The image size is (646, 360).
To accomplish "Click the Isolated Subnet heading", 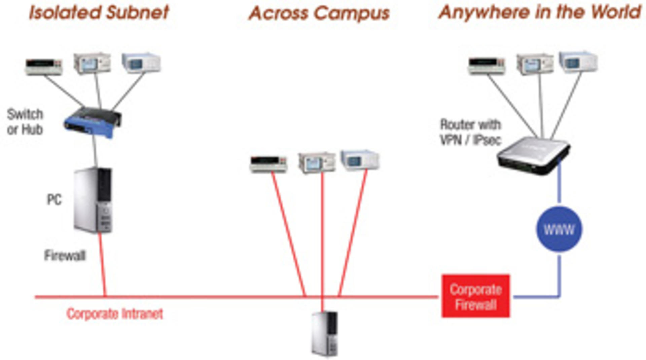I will pyautogui.click(x=99, y=13).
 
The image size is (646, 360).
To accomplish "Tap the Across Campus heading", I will pyautogui.click(x=319, y=14).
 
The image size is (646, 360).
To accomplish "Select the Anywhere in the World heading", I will pyautogui.click(x=540, y=12).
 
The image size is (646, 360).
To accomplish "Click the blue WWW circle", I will pyautogui.click(x=559, y=229).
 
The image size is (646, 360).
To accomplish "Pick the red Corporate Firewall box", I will pyautogui.click(x=475, y=296).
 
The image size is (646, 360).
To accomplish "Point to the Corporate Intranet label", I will pyautogui.click(x=115, y=314).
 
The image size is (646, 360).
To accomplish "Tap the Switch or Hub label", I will pyautogui.click(x=25, y=122).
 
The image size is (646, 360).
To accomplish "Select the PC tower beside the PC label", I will pyautogui.click(x=93, y=200).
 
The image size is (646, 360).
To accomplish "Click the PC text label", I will pyautogui.click(x=54, y=200).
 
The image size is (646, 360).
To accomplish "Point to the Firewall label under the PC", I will pyautogui.click(x=65, y=256).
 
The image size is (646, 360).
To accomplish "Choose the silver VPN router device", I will pyautogui.click(x=533, y=155).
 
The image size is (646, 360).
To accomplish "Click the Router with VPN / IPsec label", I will pyautogui.click(x=470, y=132).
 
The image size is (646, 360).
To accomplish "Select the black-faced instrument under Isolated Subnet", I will pyautogui.click(x=44, y=66).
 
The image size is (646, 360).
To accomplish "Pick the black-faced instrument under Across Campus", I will pyautogui.click(x=268, y=164).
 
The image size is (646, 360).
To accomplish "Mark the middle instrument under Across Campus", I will pyautogui.click(x=317, y=162).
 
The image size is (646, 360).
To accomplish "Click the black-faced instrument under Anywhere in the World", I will pyautogui.click(x=487, y=65).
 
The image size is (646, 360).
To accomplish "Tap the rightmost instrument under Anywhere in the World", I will pyautogui.click(x=578, y=62).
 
